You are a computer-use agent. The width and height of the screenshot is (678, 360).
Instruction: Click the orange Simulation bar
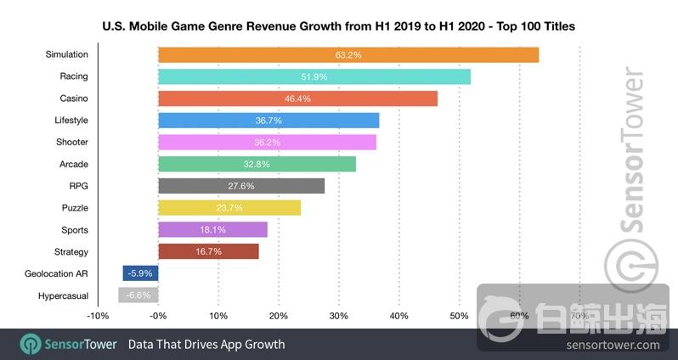tap(348, 54)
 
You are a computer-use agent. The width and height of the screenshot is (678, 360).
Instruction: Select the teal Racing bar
tap(314, 76)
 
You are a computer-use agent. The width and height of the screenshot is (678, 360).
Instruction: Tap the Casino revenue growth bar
tap(297, 98)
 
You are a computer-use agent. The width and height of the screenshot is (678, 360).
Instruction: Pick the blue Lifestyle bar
tap(268, 121)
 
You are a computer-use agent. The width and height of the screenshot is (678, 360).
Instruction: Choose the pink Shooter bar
tap(267, 142)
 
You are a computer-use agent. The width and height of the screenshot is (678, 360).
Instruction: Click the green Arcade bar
tap(257, 164)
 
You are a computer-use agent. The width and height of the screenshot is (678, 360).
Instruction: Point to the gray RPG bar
tap(241, 186)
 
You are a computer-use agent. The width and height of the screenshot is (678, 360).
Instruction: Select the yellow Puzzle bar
tap(229, 208)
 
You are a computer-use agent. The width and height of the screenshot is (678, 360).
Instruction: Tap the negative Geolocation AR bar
tap(140, 273)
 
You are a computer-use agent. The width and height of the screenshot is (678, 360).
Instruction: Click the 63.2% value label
tap(348, 54)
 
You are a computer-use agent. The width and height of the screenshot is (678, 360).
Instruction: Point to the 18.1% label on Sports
tap(212, 230)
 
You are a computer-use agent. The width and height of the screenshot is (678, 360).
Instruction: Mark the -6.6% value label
tap(138, 295)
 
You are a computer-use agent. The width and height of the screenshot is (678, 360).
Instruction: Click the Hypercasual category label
tap(63, 295)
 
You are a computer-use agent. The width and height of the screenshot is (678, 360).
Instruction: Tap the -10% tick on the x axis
tap(98, 316)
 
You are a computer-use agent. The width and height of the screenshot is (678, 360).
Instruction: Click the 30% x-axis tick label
tap(338, 316)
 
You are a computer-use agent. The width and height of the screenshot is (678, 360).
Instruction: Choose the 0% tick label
tap(158, 316)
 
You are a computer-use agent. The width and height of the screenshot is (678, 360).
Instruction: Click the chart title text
tap(338, 26)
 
